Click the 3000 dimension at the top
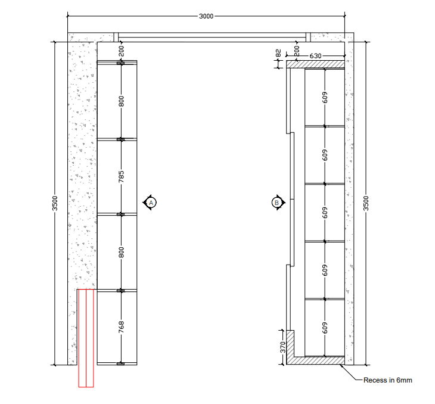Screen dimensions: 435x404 [206, 16]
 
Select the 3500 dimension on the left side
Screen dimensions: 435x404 [55, 203]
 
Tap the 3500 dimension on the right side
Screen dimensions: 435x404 [366, 203]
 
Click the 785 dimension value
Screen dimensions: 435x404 [121, 177]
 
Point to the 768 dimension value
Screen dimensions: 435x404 [121, 327]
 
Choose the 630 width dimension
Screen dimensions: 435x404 [315, 56]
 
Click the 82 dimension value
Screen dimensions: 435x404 [278, 53]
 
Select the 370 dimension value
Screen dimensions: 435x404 [282, 347]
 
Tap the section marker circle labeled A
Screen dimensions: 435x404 [151, 203]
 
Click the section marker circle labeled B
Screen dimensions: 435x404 [276, 203]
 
